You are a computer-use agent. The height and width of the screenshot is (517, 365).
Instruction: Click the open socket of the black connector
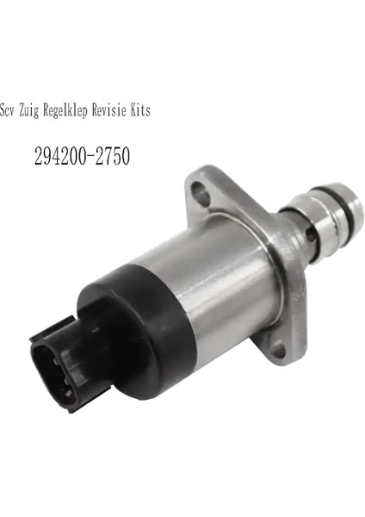tap(54, 358)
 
